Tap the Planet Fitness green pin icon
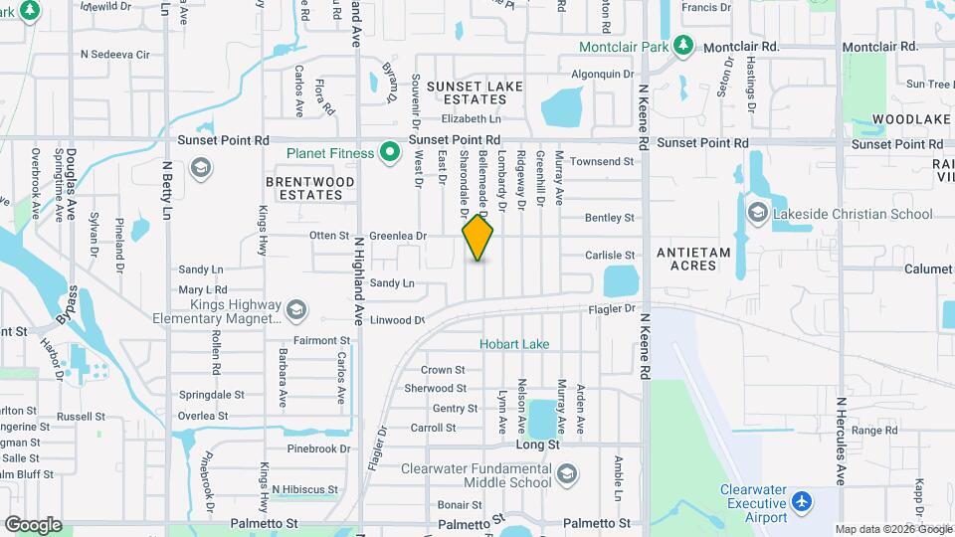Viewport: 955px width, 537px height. tap(391, 153)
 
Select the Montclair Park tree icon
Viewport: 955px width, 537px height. tap(682, 46)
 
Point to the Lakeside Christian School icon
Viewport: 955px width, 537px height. tap(758, 213)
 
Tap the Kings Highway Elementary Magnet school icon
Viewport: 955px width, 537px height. tap(295, 311)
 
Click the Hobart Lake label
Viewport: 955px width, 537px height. tap(514, 344)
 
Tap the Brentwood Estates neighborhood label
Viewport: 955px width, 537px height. tap(310, 189)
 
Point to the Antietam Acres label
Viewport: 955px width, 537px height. tap(693, 259)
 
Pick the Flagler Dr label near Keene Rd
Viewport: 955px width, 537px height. tap(616, 308)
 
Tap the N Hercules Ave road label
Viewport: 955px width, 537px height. tap(841, 442)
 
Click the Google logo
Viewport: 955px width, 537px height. tap(33, 524)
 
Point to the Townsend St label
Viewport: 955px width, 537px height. tap(602, 161)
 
